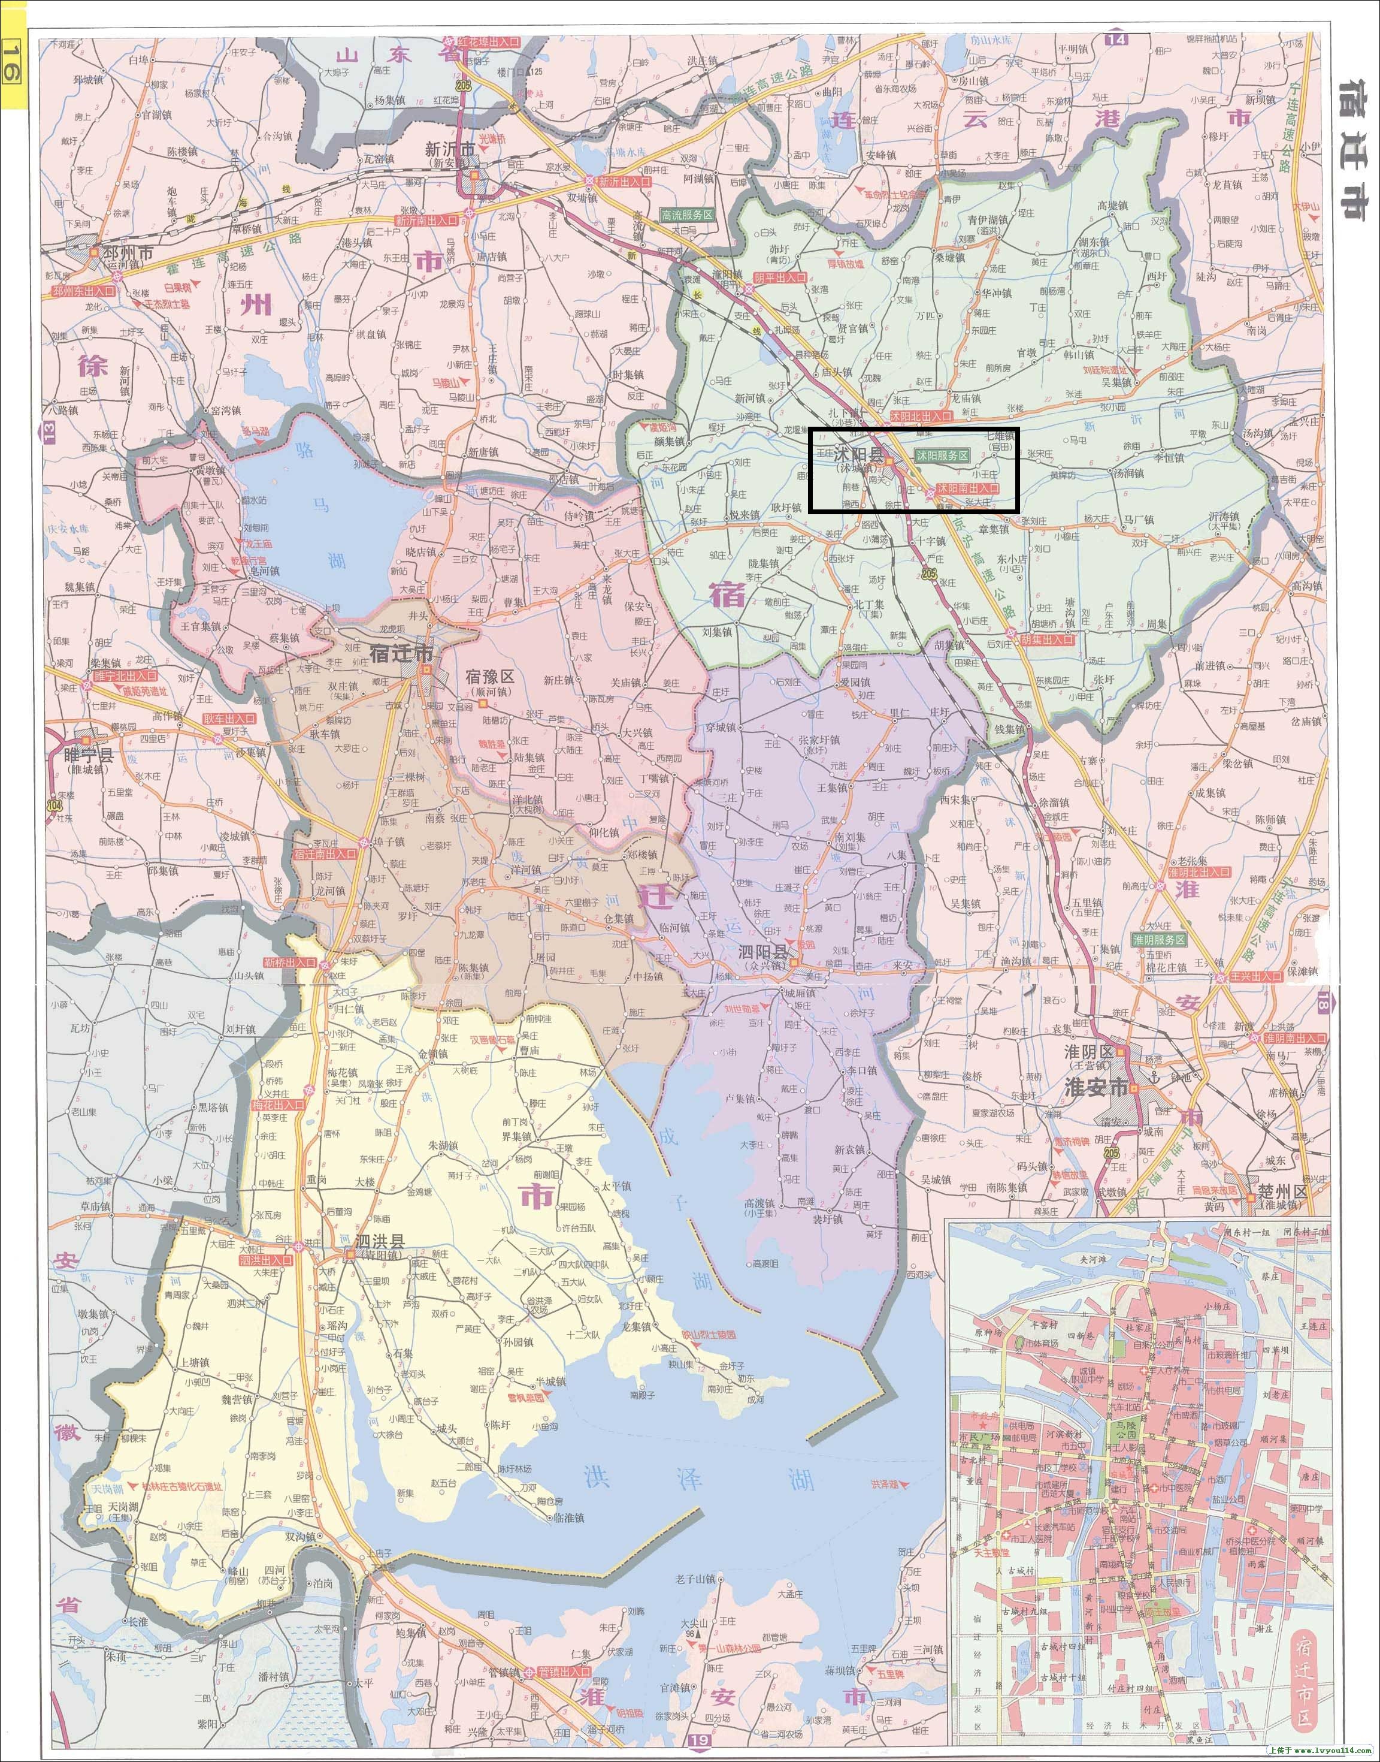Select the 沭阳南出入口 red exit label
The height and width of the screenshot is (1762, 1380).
(968, 489)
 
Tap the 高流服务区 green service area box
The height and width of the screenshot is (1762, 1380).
(687, 215)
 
